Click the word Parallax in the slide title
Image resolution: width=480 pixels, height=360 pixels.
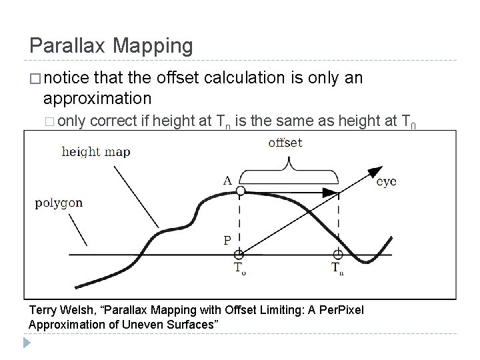(69, 45)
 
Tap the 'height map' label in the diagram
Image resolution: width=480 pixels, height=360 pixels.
(96, 151)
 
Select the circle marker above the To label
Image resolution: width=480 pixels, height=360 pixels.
(239, 254)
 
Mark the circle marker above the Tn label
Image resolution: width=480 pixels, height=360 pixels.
(338, 254)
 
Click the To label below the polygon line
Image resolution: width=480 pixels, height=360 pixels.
(239, 269)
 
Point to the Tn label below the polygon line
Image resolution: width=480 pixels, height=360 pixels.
(339, 269)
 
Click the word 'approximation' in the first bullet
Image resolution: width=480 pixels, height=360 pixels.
(97, 99)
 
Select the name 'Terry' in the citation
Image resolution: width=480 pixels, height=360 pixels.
(45, 311)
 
